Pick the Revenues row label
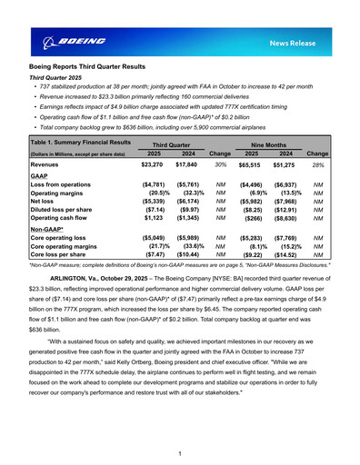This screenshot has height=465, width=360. [51, 165]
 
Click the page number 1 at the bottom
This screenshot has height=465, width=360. [180, 452]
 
